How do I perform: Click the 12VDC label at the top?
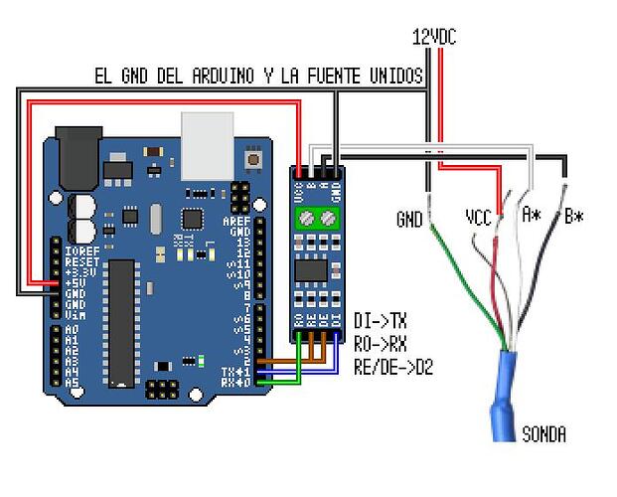point(434,37)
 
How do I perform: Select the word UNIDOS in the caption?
point(392,76)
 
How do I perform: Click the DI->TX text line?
point(380,321)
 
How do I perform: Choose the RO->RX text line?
point(380,344)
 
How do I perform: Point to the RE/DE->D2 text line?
point(393,367)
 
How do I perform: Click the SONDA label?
point(543,434)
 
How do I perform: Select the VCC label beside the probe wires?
point(479,216)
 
